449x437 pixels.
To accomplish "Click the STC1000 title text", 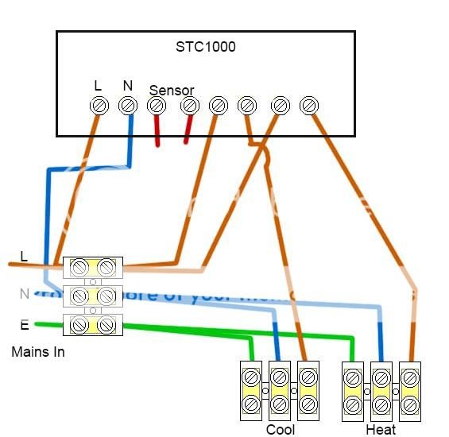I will click(x=205, y=47).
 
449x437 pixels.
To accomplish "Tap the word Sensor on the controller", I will click(x=171, y=91).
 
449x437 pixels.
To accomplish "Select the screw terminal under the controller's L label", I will click(x=99, y=105).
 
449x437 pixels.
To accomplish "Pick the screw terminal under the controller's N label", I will click(x=127, y=105).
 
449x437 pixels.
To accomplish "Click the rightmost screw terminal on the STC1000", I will click(x=308, y=105).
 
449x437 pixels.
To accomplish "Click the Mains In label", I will click(x=38, y=351).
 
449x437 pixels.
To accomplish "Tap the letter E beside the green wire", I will click(x=25, y=324).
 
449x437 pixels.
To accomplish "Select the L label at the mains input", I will click(x=24, y=257).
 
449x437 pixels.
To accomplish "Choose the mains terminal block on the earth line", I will click(x=92, y=324).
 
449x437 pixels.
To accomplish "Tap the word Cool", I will click(x=280, y=430).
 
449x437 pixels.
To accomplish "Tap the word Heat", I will click(x=381, y=430).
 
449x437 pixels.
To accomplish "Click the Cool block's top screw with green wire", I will click(x=251, y=375).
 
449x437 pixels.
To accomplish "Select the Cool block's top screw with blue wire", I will click(x=279, y=375).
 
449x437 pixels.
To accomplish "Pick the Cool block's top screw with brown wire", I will click(x=308, y=375).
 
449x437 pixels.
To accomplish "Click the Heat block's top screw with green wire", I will click(x=353, y=375).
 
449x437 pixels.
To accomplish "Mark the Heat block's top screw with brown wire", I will click(x=409, y=375).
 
